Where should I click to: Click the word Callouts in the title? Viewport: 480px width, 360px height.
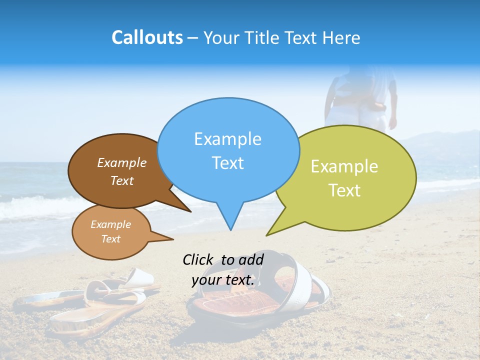pyautogui.click(x=147, y=37)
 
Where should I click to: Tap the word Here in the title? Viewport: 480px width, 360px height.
pyautogui.click(x=342, y=37)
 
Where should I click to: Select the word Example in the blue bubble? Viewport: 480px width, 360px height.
pyautogui.click(x=227, y=139)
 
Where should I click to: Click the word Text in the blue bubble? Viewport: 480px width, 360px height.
pyautogui.click(x=227, y=163)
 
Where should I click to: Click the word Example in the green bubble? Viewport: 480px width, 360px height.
pyautogui.click(x=344, y=166)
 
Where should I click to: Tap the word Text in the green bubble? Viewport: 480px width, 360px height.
pyautogui.click(x=344, y=190)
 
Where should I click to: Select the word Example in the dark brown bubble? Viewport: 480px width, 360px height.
pyautogui.click(x=122, y=162)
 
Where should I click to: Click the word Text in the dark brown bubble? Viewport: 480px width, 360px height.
pyautogui.click(x=122, y=180)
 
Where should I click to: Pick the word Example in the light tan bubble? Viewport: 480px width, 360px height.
pyautogui.click(x=111, y=224)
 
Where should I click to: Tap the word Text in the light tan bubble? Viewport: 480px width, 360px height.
pyautogui.click(x=111, y=239)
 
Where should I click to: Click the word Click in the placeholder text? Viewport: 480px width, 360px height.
pyautogui.click(x=198, y=259)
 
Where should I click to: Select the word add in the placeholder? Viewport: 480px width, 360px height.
pyautogui.click(x=251, y=259)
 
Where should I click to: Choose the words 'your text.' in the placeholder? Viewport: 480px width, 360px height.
pyautogui.click(x=223, y=280)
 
